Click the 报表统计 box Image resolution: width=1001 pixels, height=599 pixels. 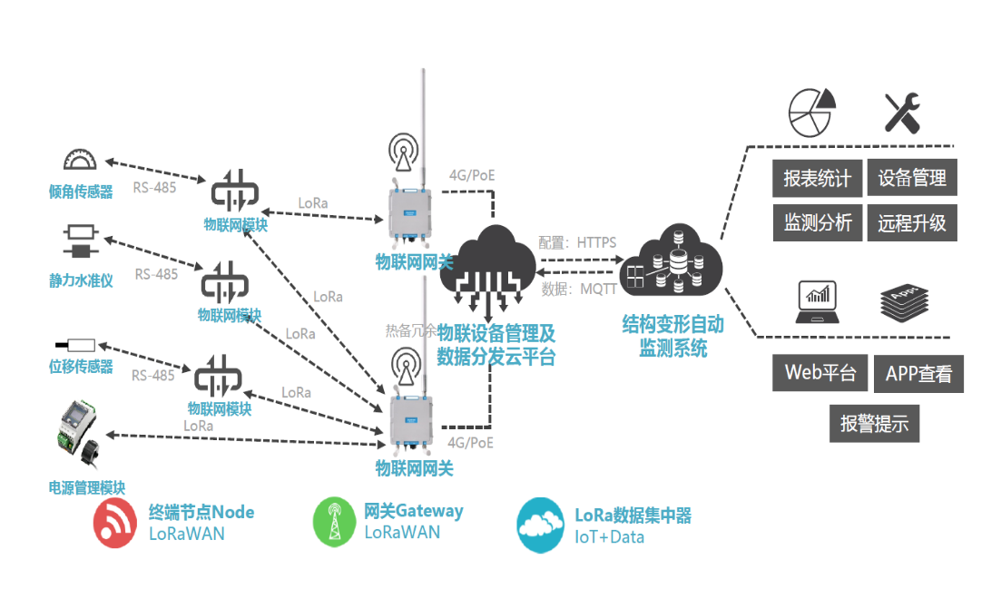pos(818,178)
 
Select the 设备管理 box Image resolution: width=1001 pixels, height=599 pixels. pos(912,178)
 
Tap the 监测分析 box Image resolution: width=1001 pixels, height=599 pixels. pos(818,222)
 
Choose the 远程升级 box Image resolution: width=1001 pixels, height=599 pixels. pos(912,222)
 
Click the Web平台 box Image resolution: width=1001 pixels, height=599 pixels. pos(820,373)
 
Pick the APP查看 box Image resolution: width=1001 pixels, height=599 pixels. pos(918,374)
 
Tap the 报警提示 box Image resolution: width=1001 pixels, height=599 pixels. pos(874,423)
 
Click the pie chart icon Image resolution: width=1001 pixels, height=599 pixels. pos(810,110)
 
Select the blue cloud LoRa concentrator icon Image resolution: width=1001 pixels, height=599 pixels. pos(541,524)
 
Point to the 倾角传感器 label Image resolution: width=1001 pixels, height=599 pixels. pos(81,191)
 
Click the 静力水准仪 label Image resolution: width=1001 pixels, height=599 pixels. pos(81,280)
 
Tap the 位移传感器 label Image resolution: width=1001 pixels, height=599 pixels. pos(81,366)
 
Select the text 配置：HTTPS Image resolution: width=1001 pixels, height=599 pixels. pos(577,243)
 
